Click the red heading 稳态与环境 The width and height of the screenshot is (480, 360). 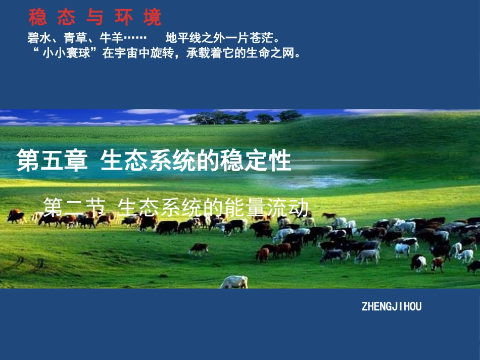95,18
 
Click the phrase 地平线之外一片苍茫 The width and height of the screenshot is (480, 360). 222,38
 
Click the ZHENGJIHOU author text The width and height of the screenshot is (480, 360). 392,306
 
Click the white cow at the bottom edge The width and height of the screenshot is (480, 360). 233,282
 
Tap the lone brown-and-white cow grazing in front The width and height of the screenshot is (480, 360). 199,249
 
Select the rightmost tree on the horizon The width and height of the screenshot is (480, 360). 289,116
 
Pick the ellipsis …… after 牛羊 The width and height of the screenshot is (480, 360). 134,38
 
